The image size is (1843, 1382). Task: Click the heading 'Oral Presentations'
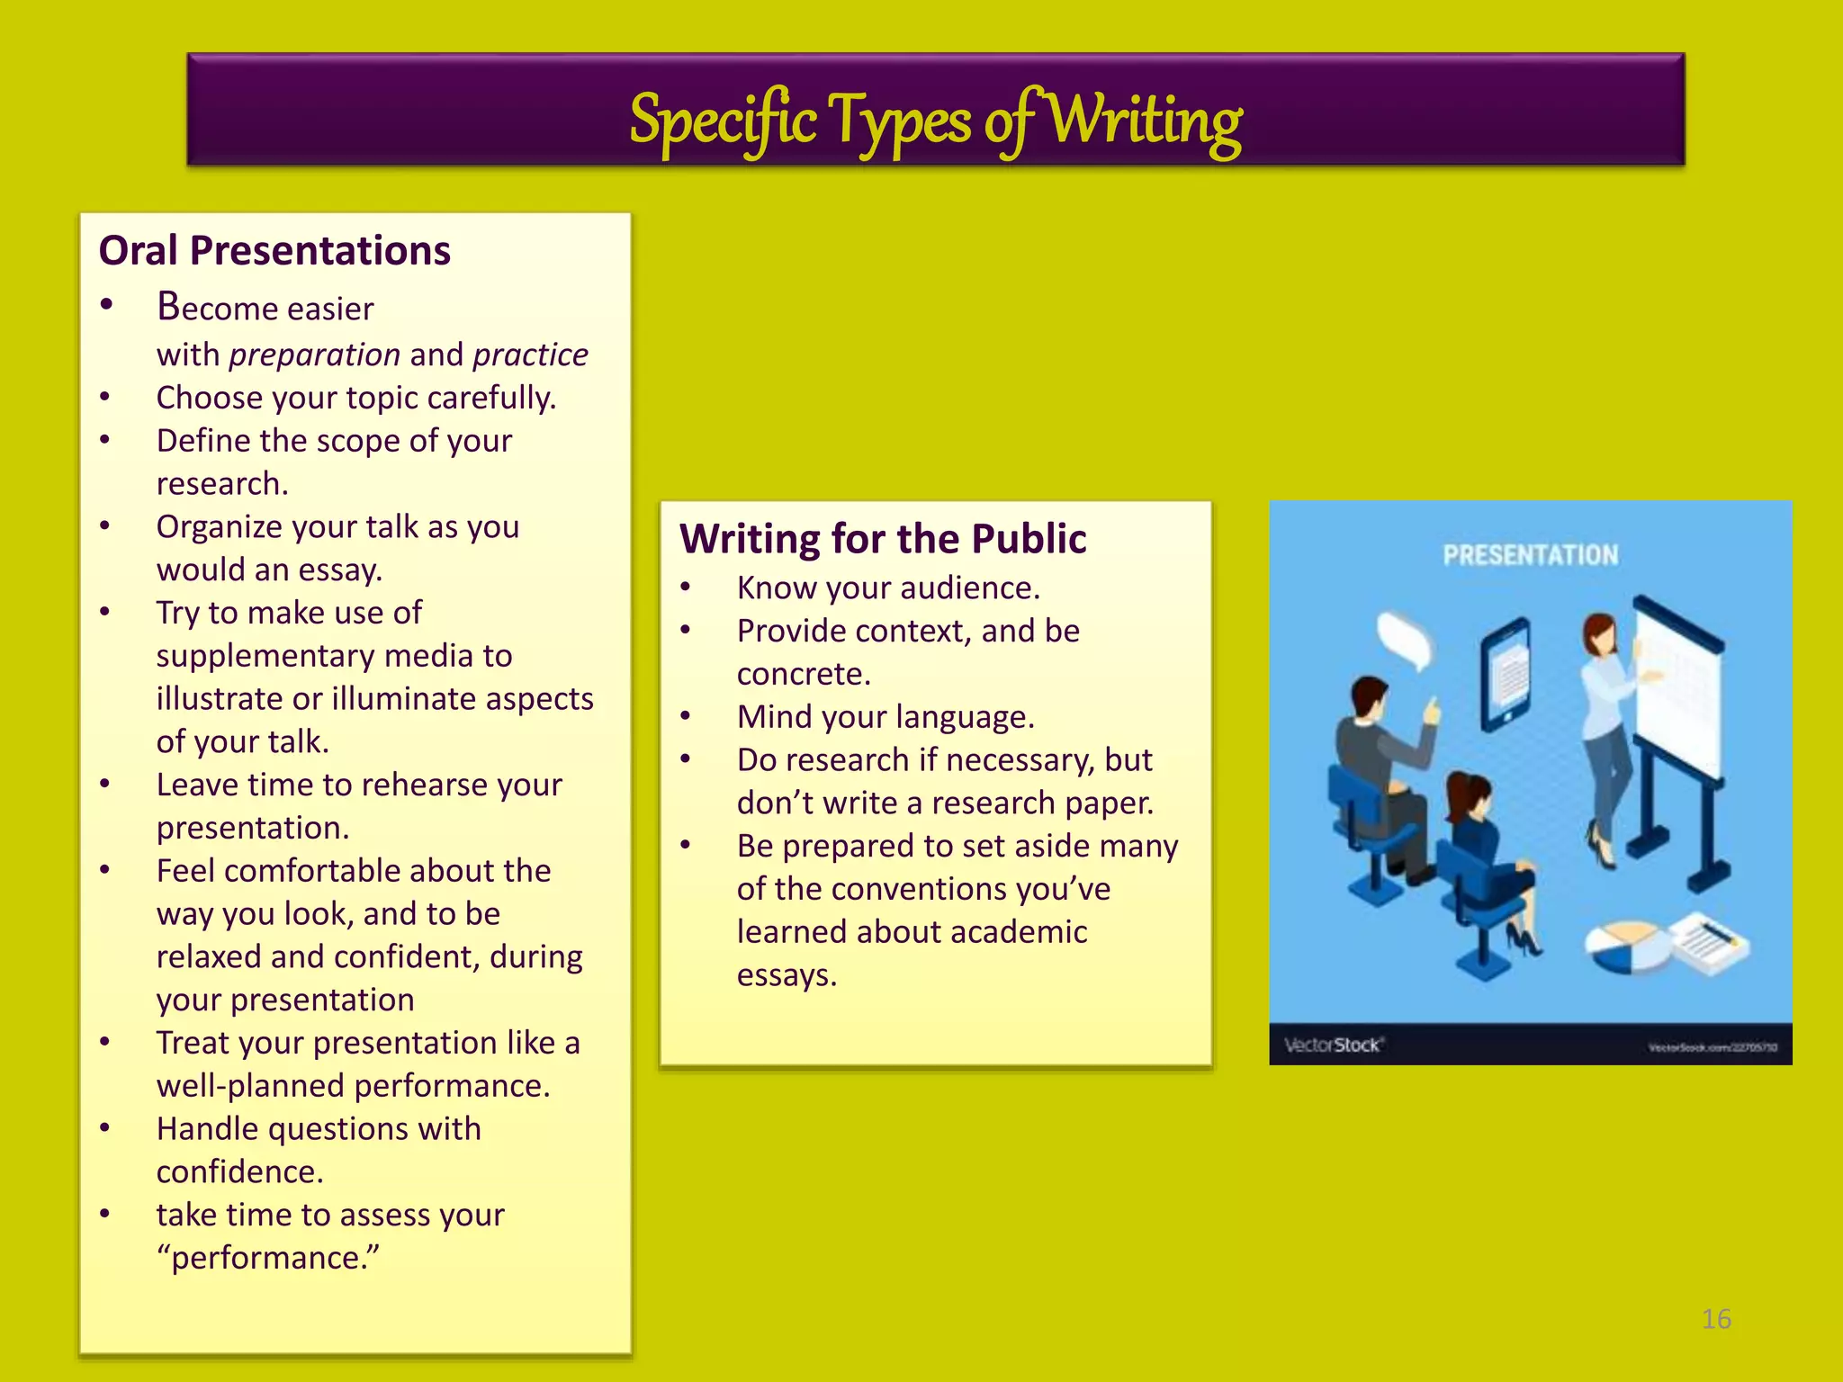(x=274, y=251)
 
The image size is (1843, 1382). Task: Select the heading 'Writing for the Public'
(x=883, y=539)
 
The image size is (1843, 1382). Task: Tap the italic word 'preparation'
(x=314, y=355)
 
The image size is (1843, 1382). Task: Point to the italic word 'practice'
(x=530, y=355)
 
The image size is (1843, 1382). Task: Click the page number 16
(x=1716, y=1319)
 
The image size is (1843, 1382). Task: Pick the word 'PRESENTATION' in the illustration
(x=1531, y=555)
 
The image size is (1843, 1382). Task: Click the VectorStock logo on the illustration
(x=1333, y=1045)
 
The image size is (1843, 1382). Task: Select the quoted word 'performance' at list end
(x=268, y=1258)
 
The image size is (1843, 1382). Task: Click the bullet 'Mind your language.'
(x=886, y=717)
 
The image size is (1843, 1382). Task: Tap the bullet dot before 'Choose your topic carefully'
(x=105, y=397)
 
